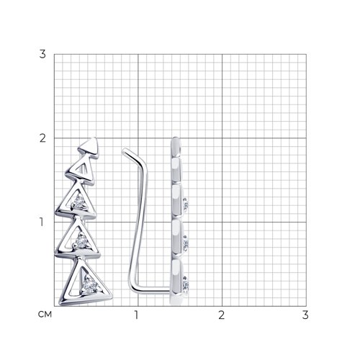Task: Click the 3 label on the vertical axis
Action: click(42, 54)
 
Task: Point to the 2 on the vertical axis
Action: click(42, 138)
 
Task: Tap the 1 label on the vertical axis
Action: click(42, 222)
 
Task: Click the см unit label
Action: click(45, 315)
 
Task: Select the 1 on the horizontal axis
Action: click(136, 315)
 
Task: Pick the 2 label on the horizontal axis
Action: click(221, 315)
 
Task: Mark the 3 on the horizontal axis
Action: click(305, 315)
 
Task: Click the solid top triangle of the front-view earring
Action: click(90, 147)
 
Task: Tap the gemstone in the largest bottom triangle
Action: click(89, 286)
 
